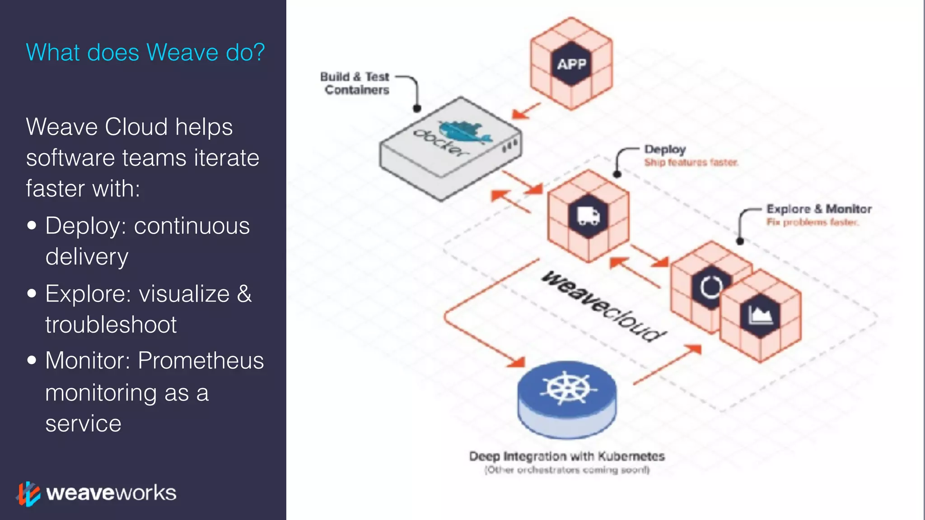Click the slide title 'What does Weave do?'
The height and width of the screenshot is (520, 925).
click(145, 52)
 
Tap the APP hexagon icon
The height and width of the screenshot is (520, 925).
click(571, 64)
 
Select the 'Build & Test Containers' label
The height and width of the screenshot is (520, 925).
click(355, 84)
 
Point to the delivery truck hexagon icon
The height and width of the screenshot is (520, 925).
click(588, 216)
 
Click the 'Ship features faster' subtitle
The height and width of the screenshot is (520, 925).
click(691, 162)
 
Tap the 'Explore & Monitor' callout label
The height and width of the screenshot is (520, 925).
click(819, 209)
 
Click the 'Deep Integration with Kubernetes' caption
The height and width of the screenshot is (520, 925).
click(567, 456)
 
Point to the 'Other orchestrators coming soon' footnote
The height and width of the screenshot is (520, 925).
click(567, 470)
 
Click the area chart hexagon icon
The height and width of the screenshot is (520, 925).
click(760, 315)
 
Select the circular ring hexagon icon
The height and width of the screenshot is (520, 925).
click(710, 287)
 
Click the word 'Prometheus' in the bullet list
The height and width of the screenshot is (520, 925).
click(201, 361)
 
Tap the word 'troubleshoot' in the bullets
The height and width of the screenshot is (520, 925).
click(111, 325)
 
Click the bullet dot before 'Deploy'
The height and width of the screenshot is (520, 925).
click(32, 225)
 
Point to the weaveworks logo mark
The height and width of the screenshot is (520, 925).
click(28, 493)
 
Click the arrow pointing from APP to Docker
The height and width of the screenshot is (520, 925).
click(526, 111)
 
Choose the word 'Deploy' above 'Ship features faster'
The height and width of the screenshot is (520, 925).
click(665, 149)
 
